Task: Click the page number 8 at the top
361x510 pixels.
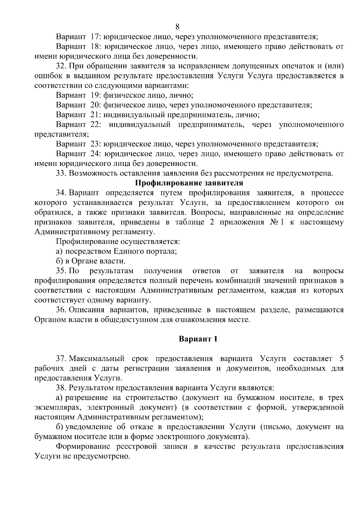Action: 177,26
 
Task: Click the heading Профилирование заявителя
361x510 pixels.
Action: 189,183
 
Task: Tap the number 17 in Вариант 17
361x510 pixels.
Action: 95,37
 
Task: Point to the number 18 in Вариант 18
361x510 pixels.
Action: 95,47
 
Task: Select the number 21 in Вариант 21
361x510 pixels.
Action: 95,115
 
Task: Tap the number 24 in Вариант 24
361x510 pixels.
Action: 95,154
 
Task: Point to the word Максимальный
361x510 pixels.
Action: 97,359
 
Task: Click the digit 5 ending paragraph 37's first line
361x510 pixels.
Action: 341,359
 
